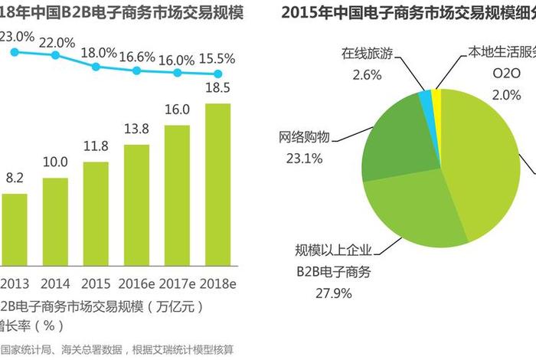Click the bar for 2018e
[x=217, y=185]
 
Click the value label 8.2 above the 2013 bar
[x=15, y=177]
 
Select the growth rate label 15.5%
[x=217, y=58]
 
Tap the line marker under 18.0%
[x=96, y=67]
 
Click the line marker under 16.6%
[x=136, y=70]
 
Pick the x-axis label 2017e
[x=177, y=283]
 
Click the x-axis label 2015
[x=96, y=283]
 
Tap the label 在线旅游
[x=367, y=54]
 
